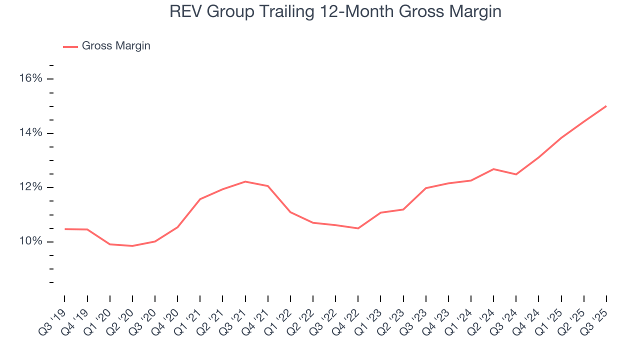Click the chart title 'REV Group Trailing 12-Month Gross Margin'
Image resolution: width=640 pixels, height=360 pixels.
(x=335, y=11)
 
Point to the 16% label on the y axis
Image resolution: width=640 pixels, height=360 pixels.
(x=30, y=79)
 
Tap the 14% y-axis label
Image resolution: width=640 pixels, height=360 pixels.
(x=30, y=133)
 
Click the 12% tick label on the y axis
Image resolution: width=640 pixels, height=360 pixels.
(x=30, y=187)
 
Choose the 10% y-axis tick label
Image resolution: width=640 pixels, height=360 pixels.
(x=30, y=242)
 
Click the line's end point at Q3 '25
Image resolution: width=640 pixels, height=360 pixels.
(x=606, y=106)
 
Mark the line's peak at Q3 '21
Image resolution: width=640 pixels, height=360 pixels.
(x=245, y=181)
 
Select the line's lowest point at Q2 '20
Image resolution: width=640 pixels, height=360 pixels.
(x=132, y=246)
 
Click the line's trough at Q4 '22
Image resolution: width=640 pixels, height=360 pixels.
(x=358, y=228)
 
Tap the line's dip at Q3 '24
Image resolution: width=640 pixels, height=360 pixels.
(x=516, y=174)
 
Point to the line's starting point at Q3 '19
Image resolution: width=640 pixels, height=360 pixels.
(x=65, y=229)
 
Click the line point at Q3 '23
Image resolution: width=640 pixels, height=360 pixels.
(x=426, y=188)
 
